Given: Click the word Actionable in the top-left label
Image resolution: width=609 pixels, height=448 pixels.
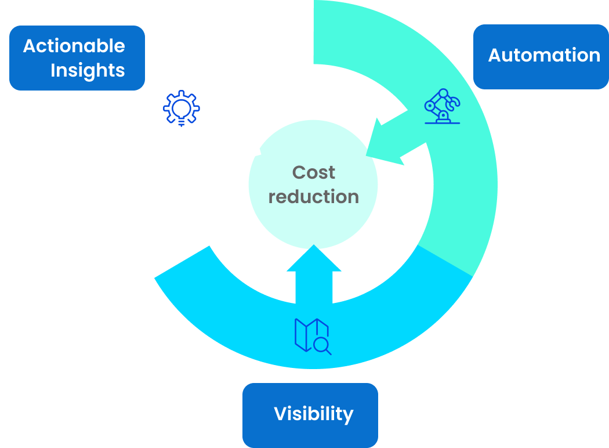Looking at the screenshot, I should (74, 46).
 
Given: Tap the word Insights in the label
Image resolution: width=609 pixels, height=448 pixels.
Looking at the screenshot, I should (88, 70).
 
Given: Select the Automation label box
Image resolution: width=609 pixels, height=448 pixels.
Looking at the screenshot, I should (541, 56).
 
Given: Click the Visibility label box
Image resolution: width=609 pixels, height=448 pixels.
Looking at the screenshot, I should (310, 414).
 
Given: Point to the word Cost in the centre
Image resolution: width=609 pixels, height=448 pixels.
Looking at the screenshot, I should (314, 172).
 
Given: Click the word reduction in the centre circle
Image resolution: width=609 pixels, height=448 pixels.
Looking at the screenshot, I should (314, 197).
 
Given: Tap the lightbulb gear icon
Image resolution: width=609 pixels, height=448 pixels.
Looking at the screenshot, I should (182, 108).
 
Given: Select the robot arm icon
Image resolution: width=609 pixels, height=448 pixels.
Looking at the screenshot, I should (442, 106).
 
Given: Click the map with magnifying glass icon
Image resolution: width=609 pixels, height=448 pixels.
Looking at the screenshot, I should (313, 336).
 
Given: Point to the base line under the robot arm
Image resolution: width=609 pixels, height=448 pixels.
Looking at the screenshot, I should (442, 123).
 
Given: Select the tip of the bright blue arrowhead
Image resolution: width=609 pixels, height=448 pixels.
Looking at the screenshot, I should (314, 245).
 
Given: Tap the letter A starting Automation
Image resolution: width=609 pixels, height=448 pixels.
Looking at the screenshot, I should (495, 56).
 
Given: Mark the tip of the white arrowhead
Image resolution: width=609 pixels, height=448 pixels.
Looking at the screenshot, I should (261, 154).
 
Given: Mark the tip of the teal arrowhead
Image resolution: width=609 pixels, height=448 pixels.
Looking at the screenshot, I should (366, 155).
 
